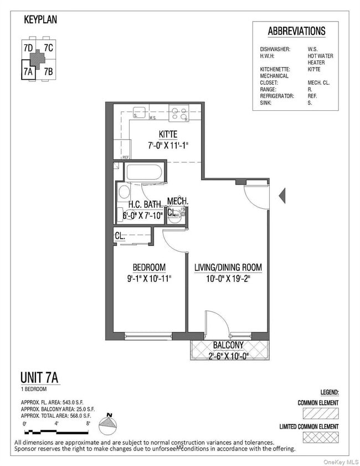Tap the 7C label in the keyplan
click(48, 48)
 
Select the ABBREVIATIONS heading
click(296, 31)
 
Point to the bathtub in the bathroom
click(143, 172)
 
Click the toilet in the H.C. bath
click(124, 193)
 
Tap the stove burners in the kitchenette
click(179, 114)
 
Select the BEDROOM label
click(148, 267)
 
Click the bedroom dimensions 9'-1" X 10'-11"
click(148, 278)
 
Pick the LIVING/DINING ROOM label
click(228, 267)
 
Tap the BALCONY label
click(228, 345)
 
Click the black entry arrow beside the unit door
click(281, 194)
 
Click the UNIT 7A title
click(39, 378)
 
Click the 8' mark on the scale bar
click(88, 423)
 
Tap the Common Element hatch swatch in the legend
click(318, 413)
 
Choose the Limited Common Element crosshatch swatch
click(318, 438)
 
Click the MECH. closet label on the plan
click(178, 201)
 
